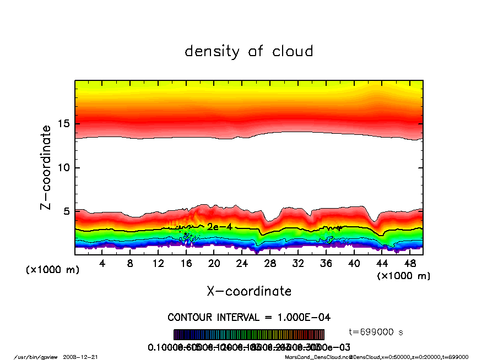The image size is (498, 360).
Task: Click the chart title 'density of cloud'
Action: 249,52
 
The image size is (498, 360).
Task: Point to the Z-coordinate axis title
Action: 46,167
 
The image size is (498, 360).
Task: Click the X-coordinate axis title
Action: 249,291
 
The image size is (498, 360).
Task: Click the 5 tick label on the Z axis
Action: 66,211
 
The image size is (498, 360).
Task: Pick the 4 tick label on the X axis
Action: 102,263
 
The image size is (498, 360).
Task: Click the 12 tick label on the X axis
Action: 158,263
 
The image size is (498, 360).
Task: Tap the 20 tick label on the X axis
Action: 214,263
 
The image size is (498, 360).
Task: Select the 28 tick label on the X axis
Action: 270,263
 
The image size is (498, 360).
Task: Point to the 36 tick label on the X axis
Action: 326,263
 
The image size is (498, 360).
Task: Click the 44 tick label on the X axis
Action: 382,263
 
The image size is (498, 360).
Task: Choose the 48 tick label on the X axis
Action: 409,263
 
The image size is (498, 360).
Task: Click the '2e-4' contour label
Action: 219,227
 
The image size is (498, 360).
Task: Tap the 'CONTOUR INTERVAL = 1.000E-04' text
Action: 249,318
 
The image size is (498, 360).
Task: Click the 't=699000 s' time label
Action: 376,332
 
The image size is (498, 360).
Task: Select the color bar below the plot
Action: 249,335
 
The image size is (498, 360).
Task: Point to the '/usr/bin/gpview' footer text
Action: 39,357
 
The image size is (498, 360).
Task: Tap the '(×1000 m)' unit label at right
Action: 403,275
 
